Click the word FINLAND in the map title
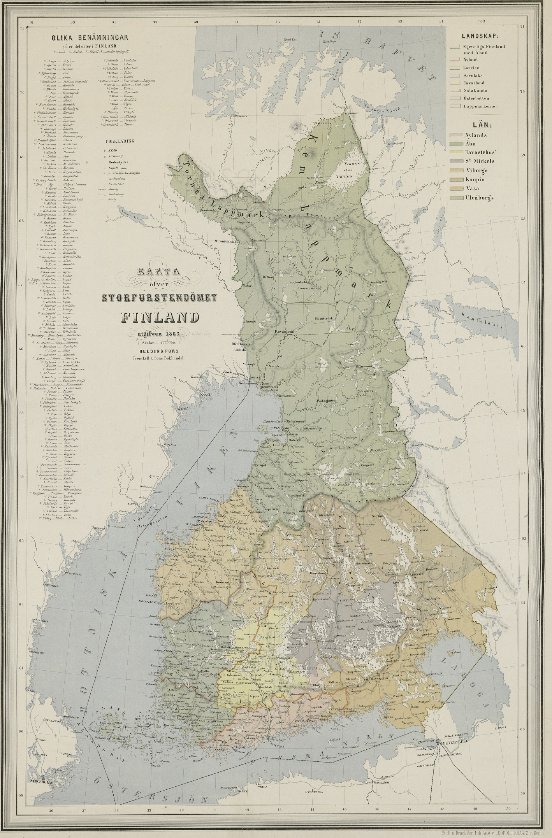point(160,317)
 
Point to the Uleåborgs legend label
point(479,198)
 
